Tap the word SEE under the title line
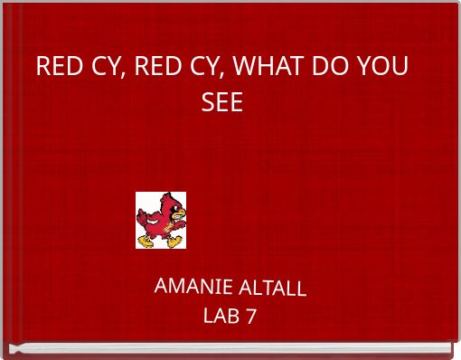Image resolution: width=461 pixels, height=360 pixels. (222, 102)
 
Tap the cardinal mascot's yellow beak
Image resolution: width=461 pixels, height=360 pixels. (180, 213)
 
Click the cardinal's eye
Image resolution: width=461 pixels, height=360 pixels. (173, 207)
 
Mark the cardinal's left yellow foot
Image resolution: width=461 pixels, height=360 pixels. (147, 242)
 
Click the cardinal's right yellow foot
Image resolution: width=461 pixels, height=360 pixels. (174, 241)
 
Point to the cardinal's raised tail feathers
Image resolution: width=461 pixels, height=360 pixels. (143, 215)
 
